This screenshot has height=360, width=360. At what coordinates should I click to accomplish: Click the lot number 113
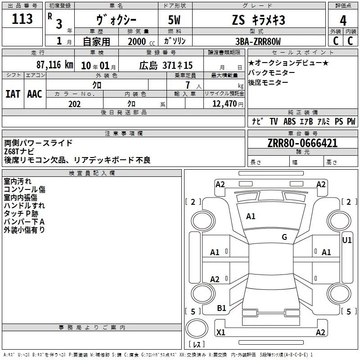22,18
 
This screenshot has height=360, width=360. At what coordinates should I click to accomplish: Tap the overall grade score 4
343,21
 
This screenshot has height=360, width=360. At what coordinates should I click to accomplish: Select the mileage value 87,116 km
55,65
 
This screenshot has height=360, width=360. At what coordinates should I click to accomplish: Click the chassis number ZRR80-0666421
302,143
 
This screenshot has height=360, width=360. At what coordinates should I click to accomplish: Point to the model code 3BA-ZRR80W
258,41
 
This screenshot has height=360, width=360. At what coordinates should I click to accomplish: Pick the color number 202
74,104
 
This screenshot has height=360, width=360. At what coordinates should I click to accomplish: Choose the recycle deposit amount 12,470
224,103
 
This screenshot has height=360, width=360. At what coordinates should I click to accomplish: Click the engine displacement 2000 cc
141,41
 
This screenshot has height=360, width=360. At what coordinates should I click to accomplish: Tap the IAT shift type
13,94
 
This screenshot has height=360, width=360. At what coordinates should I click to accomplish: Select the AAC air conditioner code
35,94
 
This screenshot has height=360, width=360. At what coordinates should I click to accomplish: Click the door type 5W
174,20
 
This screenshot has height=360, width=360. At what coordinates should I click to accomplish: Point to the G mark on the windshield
284,237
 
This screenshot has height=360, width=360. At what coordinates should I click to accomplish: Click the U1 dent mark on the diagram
346,240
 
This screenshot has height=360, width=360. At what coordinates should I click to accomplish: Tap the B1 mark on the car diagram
221,308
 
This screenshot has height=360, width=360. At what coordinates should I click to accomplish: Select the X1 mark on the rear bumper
220,332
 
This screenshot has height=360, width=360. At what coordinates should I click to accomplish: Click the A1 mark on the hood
251,216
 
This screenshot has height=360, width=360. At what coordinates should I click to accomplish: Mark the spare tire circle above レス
197,328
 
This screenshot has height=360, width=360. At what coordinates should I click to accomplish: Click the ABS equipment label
289,121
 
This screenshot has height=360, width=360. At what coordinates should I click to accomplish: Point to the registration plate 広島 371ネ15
166,65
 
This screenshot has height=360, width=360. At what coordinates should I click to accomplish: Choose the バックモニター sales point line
272,72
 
